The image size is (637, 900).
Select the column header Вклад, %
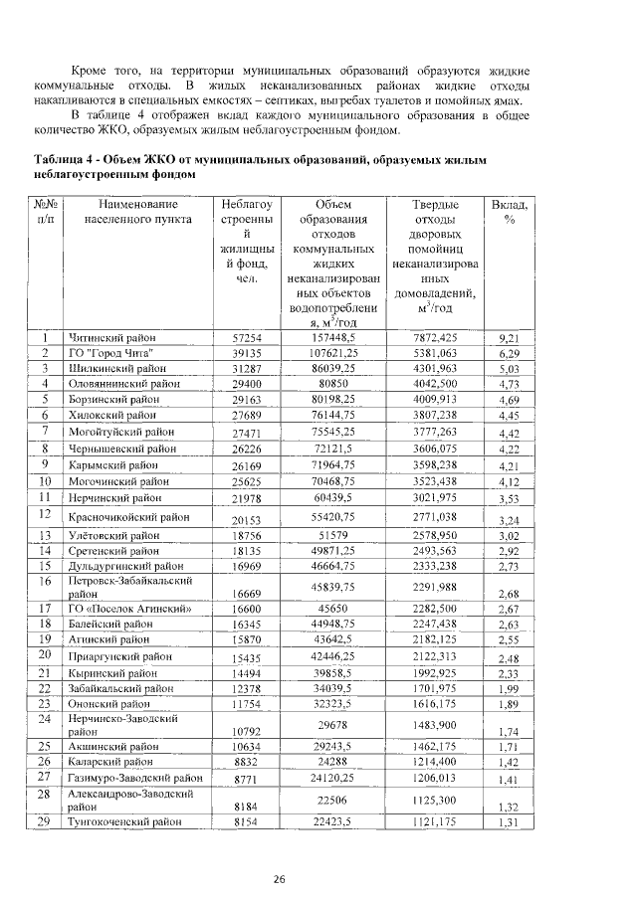(x=509, y=211)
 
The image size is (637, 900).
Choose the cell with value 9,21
(x=510, y=339)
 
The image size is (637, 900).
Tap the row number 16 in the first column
(x=45, y=580)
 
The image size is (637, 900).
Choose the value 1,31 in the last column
(x=510, y=823)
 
